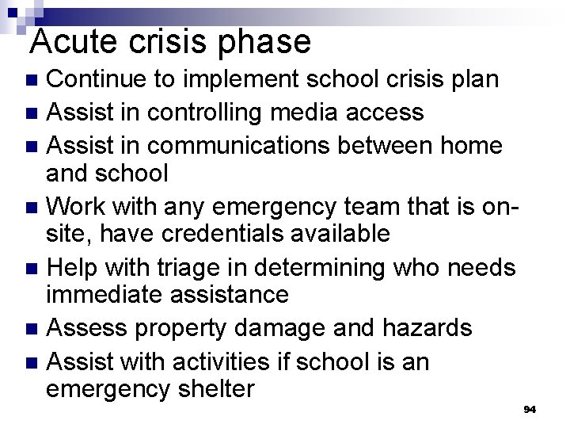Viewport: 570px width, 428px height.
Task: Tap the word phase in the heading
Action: click(267, 41)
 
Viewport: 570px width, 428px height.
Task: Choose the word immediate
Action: click(104, 295)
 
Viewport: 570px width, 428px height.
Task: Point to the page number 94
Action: click(530, 409)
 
